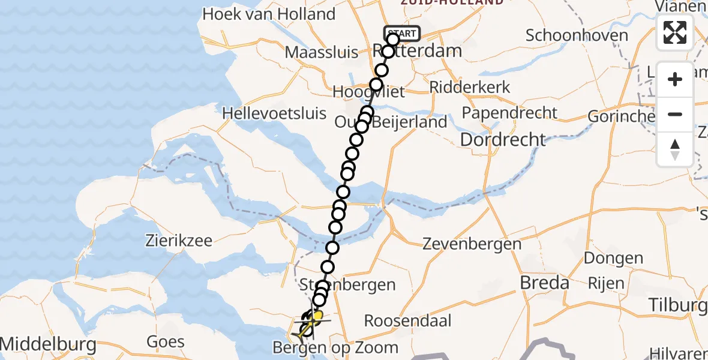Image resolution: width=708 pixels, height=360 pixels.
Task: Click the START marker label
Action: pos(402,34)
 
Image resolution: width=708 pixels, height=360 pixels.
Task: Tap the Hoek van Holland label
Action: pos(269,14)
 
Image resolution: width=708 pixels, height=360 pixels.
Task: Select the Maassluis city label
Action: pos(322,52)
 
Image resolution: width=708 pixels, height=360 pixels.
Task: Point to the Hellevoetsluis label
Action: pos(274,113)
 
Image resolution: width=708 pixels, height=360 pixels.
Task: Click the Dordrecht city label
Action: pos(503,140)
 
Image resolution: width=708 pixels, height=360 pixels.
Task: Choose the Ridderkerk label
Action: pos(470,87)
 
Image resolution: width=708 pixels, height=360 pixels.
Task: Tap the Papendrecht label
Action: pos(509,113)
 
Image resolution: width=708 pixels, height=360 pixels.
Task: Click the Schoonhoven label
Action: pos(577,35)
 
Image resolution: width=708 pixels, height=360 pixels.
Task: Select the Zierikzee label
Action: pos(179,241)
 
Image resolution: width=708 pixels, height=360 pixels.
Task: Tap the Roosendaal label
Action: pos(416,320)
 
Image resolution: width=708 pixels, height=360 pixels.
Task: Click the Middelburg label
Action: pos(48,344)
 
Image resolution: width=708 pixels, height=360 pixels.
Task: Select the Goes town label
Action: pos(166,342)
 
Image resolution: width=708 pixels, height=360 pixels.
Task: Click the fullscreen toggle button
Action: pos(675,32)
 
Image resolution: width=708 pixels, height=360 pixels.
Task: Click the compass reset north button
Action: pos(675,149)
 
